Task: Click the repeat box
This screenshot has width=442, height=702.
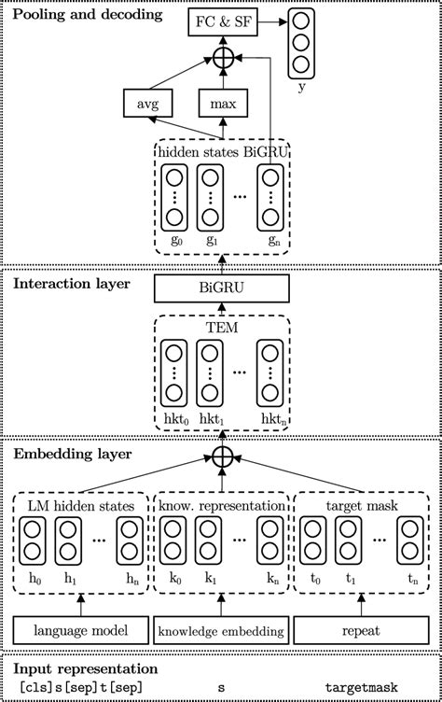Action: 366,632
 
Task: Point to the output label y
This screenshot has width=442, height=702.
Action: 300,88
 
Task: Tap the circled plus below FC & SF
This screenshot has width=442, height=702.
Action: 221,58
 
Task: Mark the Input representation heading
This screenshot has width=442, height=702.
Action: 81,669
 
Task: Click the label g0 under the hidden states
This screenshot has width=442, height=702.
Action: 173,240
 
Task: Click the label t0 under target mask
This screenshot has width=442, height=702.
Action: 314,579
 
